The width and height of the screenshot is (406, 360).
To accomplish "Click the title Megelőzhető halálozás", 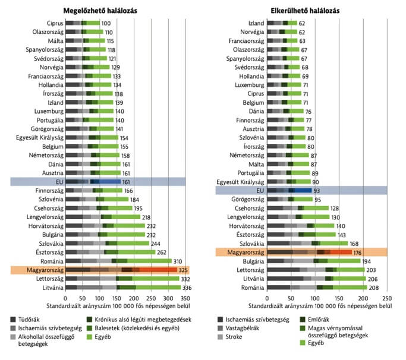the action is point(100,11).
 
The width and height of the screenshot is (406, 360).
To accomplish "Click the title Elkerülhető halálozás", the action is point(305,11).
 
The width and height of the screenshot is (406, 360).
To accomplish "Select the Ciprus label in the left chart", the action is point(55,23).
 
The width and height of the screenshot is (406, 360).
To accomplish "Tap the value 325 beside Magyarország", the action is point(183,270).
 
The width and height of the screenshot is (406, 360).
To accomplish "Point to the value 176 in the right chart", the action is point(358,253).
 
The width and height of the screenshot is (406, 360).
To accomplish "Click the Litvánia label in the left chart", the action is point(53,287).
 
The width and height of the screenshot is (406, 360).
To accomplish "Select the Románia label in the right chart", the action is point(253,287).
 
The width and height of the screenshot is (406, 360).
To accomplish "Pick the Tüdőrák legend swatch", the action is point(13,320).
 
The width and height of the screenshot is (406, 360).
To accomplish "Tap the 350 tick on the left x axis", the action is point(185,298).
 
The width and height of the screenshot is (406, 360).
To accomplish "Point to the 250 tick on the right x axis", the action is point(387,298).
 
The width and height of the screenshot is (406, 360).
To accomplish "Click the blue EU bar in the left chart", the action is point(93,181).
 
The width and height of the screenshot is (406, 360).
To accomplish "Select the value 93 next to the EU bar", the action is point(317,191).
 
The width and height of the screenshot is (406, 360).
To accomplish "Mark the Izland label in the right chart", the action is point(256,23).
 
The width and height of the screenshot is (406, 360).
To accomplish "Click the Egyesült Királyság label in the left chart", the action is point(40,138).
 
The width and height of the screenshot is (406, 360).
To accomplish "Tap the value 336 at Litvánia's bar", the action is point(187,287).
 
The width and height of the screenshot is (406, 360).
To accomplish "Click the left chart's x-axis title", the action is point(118,306).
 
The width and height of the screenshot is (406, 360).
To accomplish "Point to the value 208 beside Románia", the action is point(374,287).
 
